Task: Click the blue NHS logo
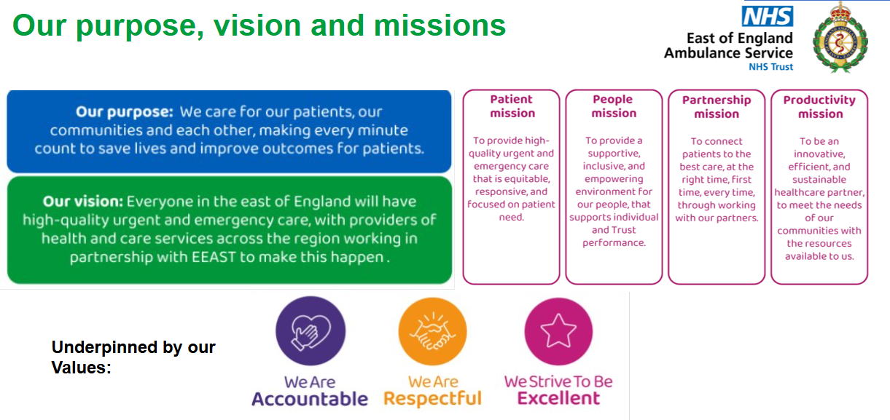[768, 16]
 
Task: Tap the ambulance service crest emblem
[840, 37]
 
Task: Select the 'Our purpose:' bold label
[125, 112]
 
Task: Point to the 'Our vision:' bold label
[83, 202]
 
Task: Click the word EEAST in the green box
[214, 258]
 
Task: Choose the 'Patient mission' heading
[512, 106]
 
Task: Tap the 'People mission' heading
[614, 106]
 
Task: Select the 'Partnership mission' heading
[717, 107]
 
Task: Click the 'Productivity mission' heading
[820, 107]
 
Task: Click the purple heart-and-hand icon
[311, 330]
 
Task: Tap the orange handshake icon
[433, 331]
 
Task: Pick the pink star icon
[558, 331]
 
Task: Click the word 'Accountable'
[310, 399]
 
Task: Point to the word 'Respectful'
[433, 399]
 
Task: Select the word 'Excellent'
[558, 398]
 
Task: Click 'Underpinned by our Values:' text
[133, 357]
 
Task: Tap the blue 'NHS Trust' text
[770, 67]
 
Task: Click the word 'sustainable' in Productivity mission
[819, 180]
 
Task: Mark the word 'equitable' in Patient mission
[527, 179]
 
